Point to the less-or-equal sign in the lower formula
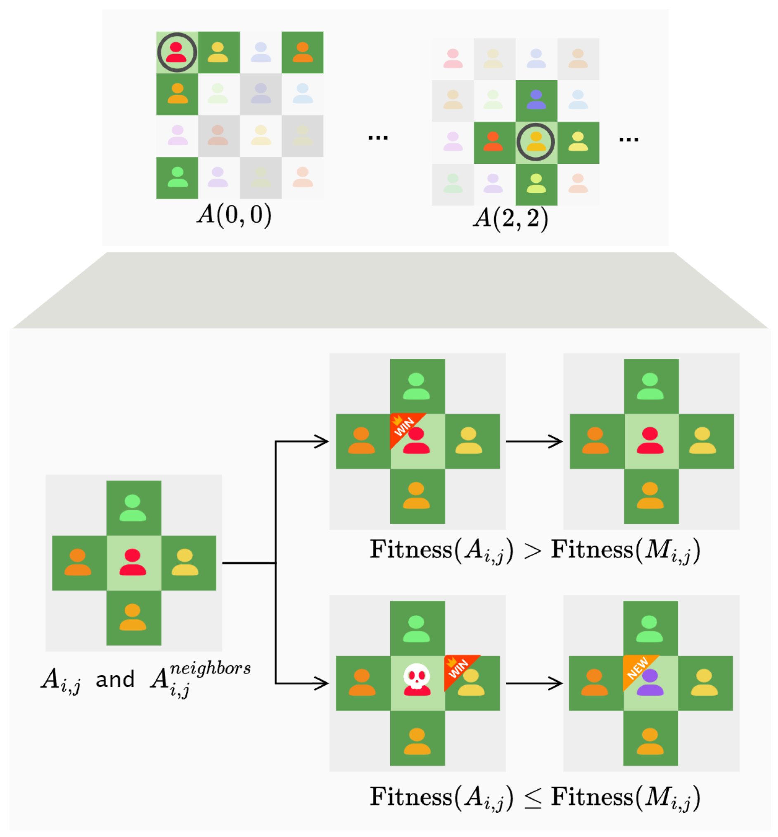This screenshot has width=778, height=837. (532, 798)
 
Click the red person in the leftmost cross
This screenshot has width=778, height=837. (133, 562)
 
